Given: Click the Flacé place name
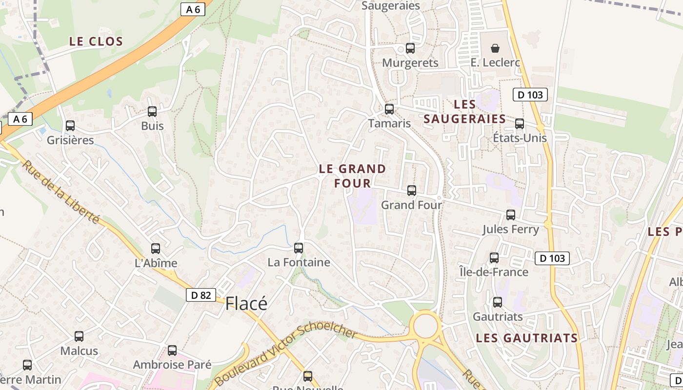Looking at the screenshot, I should pos(246,304).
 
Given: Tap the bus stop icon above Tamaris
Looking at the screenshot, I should pos(389,109).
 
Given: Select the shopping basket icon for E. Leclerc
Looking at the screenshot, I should pos(495,48).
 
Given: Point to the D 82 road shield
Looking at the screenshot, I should pos(201,295).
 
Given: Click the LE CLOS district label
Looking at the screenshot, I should pos(96,41).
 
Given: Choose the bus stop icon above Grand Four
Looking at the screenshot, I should pos(412,191).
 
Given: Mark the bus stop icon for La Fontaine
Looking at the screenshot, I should pos(299,248).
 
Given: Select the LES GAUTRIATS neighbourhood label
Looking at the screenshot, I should pos(527,338).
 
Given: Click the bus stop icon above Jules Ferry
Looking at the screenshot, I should pos(511,215).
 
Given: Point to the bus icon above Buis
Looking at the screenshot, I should pos(152,112).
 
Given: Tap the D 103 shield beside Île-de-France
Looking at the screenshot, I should pos(552,258).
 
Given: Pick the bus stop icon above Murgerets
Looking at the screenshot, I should pos(410,48).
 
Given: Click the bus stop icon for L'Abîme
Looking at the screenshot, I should pos(156,249).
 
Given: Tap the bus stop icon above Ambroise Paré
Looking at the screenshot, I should pos(172,351).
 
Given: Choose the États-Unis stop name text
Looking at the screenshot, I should pos(520,138).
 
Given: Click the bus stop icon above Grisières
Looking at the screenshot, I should pos(70,126).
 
